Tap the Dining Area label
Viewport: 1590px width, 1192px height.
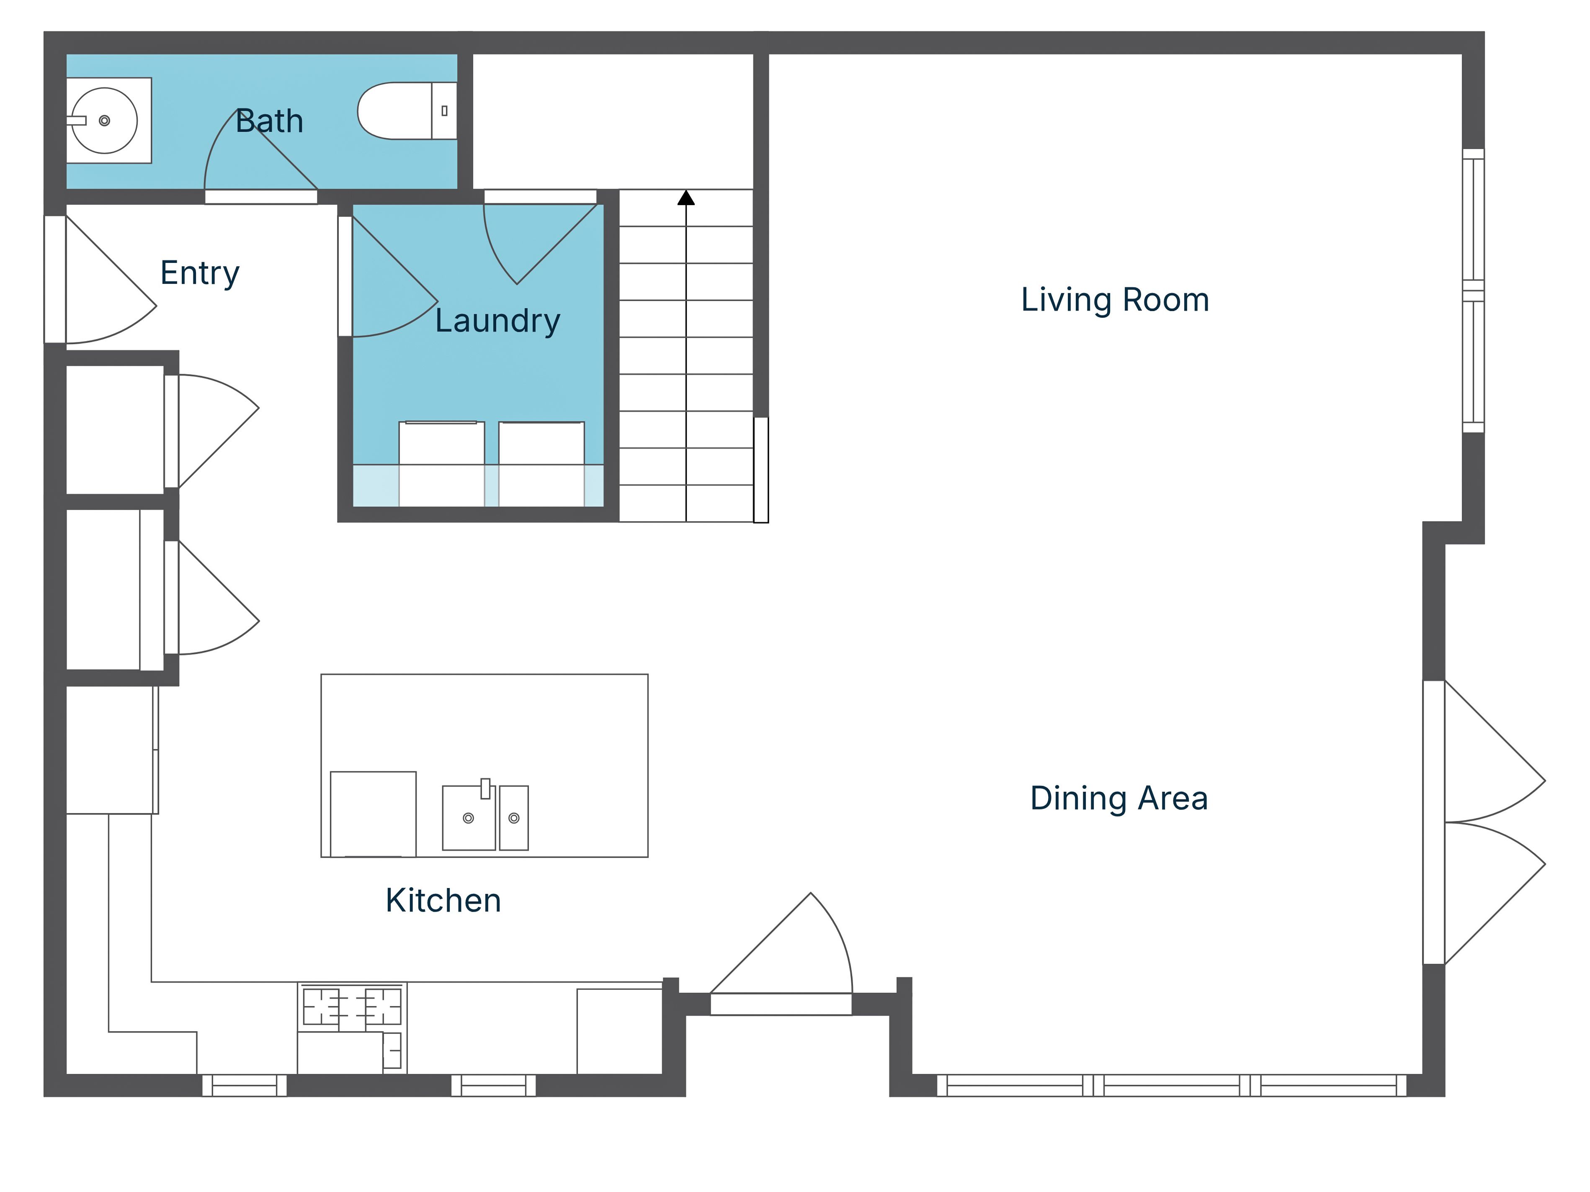tap(1118, 798)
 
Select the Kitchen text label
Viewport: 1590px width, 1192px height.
tap(443, 900)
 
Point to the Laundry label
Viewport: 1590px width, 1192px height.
tap(497, 321)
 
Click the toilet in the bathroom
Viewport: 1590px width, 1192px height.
tap(407, 110)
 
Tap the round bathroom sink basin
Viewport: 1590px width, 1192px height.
tap(105, 121)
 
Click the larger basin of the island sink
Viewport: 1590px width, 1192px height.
tap(469, 818)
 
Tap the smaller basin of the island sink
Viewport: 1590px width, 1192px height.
tap(514, 818)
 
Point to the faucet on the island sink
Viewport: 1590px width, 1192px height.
tap(485, 788)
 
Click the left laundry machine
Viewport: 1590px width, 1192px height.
tap(441, 463)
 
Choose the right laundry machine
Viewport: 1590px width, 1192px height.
tap(541, 463)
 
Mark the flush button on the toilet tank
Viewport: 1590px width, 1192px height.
tap(444, 110)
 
